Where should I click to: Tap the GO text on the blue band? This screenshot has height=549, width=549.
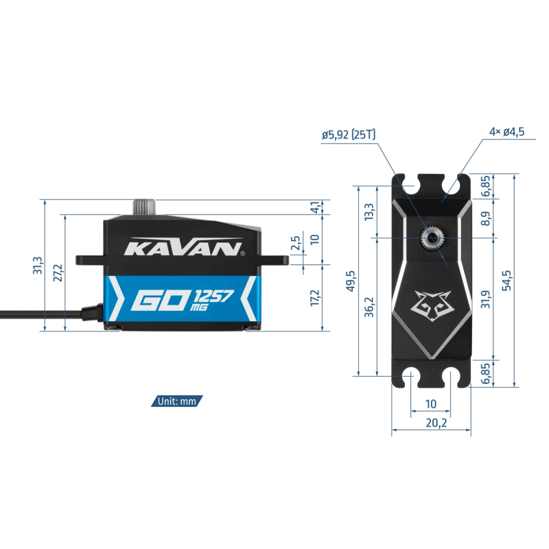click(160, 300)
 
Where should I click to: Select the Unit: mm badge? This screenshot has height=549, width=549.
click(177, 401)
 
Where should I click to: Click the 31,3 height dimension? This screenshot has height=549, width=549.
click(38, 265)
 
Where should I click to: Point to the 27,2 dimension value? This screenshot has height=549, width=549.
click(58, 272)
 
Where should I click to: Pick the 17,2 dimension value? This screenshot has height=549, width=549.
click(315, 297)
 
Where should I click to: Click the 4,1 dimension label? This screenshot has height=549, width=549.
click(316, 207)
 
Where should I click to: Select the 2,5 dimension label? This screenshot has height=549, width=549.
click(296, 242)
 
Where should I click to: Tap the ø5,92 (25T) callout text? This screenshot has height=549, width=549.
click(349, 135)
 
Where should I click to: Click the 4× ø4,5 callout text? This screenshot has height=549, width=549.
click(507, 132)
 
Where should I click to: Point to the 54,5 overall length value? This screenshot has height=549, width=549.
click(506, 280)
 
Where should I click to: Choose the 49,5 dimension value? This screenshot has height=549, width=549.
click(351, 281)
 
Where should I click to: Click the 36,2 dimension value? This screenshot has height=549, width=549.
click(369, 307)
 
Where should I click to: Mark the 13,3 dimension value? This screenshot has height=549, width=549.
click(369, 212)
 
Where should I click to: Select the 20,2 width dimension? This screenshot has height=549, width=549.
click(436, 423)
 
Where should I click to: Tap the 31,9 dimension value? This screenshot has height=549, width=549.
click(486, 299)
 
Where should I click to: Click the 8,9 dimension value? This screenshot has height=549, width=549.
click(486, 218)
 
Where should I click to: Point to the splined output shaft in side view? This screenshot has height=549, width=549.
click(144, 207)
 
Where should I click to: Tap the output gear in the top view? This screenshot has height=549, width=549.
click(433, 238)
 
